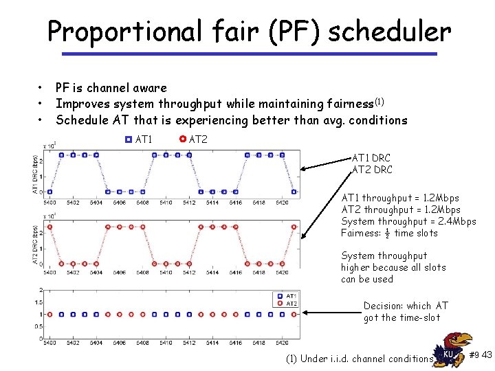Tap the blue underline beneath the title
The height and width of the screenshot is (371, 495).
pyautogui.click(x=249, y=54)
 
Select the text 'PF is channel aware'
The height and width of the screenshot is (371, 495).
pyautogui.click(x=111, y=88)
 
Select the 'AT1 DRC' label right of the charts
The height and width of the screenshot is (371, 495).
pyautogui.click(x=371, y=158)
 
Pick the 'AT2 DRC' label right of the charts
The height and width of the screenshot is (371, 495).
pyautogui.click(x=372, y=170)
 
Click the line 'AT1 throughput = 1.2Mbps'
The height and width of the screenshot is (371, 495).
pyautogui.click(x=401, y=198)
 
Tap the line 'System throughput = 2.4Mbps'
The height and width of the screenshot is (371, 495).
pyautogui.click(x=408, y=221)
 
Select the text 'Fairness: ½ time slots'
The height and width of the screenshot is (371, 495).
pyautogui.click(x=389, y=233)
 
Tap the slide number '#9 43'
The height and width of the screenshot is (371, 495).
pyautogui.click(x=480, y=355)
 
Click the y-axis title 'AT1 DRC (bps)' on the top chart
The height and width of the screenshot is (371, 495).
pyautogui.click(x=35, y=174)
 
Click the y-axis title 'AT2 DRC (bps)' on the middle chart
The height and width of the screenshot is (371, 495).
pyautogui.click(x=35, y=244)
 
